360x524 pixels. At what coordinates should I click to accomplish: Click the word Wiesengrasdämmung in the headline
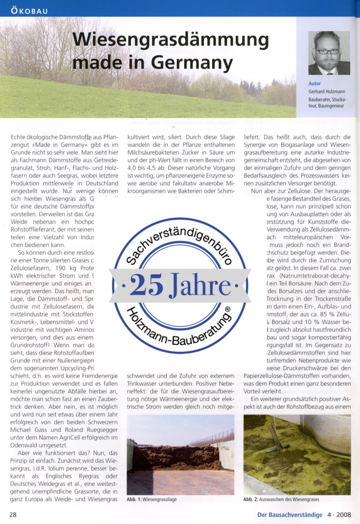click(x=171, y=41)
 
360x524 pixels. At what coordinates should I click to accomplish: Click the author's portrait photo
click(x=329, y=53)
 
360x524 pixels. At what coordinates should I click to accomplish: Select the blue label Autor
click(x=314, y=83)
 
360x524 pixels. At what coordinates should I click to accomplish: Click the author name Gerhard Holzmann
click(x=327, y=92)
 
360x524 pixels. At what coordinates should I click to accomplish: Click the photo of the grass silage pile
click(x=180, y=454)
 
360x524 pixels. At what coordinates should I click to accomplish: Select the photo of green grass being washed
click(x=297, y=454)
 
